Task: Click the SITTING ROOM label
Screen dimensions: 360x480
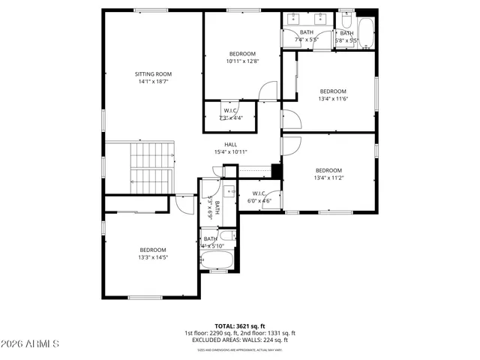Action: pyautogui.click(x=154, y=74)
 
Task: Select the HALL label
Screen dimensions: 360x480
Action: pyautogui.click(x=230, y=144)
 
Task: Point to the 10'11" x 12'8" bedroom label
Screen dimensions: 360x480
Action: pyautogui.click(x=242, y=53)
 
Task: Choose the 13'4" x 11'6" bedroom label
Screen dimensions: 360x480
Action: pyautogui.click(x=334, y=91)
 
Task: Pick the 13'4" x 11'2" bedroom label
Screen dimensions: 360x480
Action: pyautogui.click(x=328, y=170)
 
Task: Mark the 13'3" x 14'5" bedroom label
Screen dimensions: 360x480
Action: pyautogui.click(x=153, y=250)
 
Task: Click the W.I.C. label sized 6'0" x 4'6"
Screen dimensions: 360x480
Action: pyautogui.click(x=259, y=194)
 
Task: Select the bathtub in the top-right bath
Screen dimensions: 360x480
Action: pyautogui.click(x=365, y=32)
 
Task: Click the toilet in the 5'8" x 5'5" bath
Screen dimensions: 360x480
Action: pyautogui.click(x=346, y=16)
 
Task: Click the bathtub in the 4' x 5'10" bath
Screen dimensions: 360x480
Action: pyautogui.click(x=218, y=259)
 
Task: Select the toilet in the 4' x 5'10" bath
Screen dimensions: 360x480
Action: pyautogui.click(x=231, y=236)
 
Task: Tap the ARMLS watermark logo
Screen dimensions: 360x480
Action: pyautogui.click(x=30, y=343)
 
